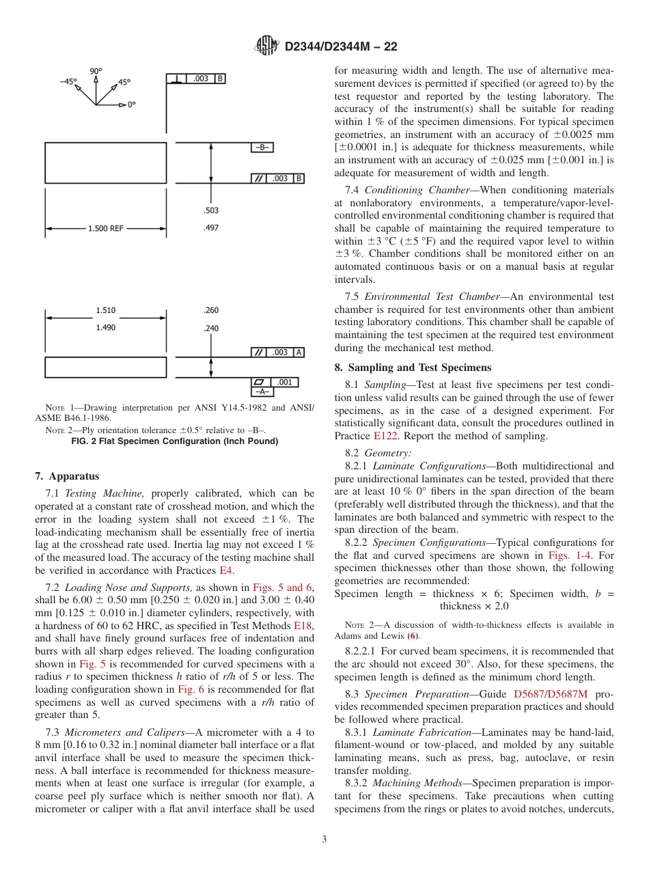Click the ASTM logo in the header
coord(266,46)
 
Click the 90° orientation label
coord(96,71)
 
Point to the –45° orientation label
coord(68,81)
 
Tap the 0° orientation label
coord(131,105)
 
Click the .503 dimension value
coord(211,211)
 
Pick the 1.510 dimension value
coord(106,310)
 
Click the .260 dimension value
coord(211,310)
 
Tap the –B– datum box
coord(262,147)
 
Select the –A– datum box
coord(262,391)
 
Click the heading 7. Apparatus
coord(67,476)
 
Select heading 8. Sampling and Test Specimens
coord(413,368)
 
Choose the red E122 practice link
coord(385,436)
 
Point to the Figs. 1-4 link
coord(567,555)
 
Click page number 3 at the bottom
coord(324,840)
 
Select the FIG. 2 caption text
coord(175,441)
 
